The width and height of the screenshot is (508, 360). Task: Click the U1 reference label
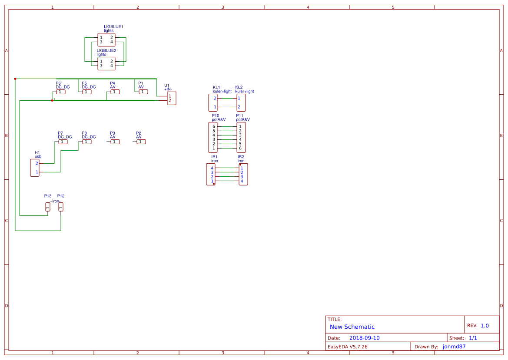tap(167, 85)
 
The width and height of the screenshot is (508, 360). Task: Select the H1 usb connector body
tap(35, 168)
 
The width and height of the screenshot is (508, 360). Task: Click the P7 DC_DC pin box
tap(63, 142)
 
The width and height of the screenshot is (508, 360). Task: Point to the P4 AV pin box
tap(115, 92)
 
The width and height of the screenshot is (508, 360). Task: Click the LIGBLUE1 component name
tap(113, 27)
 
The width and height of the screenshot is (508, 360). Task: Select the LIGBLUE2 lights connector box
tap(106, 63)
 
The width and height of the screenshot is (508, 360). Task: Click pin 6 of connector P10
tap(214, 126)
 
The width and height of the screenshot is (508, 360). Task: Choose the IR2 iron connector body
tap(243, 174)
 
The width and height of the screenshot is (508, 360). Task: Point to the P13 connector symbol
tap(48, 207)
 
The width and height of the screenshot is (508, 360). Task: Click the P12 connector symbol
tap(61, 207)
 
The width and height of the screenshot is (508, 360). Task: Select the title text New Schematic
tap(352, 327)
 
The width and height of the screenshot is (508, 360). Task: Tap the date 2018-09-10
tap(364, 338)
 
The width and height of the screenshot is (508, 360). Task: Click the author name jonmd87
tap(454, 347)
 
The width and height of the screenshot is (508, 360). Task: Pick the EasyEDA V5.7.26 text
tap(347, 347)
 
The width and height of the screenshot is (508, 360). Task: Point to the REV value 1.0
tap(485, 326)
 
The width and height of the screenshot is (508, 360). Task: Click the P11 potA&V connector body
tap(241, 137)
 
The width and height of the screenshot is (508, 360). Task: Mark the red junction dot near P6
tap(52, 100)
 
